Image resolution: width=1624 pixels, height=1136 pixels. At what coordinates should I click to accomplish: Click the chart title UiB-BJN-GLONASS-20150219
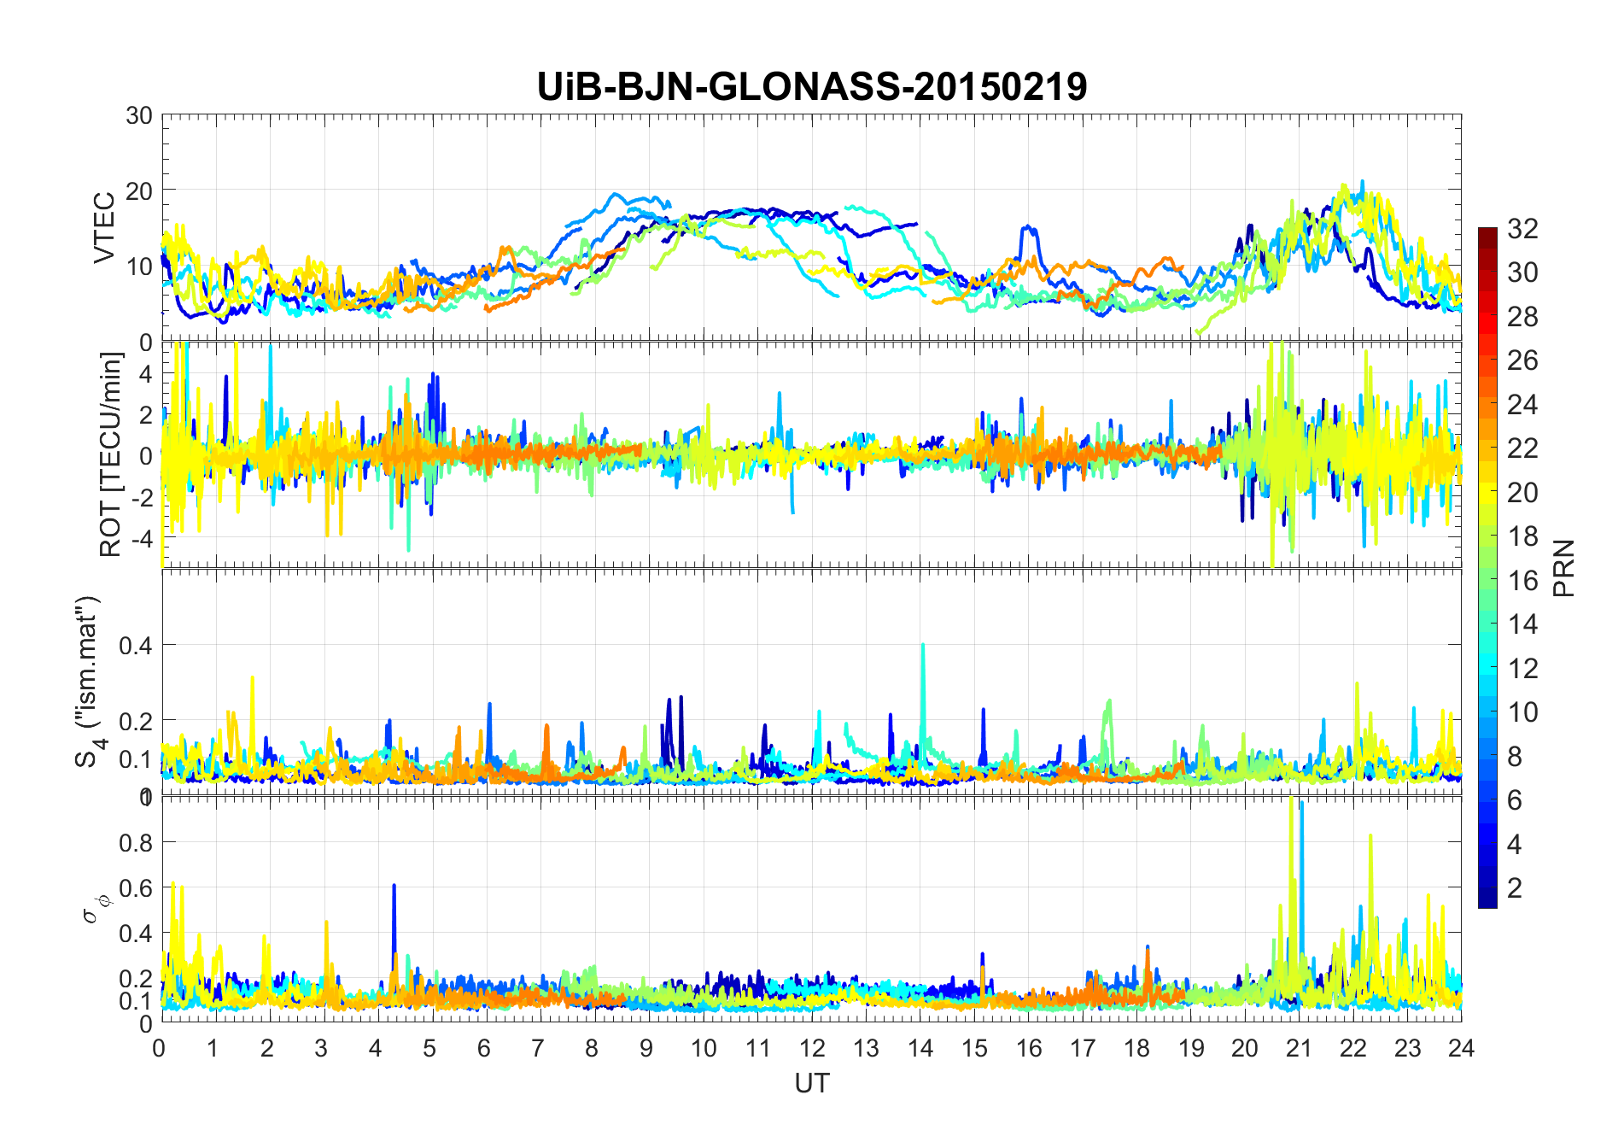(x=811, y=86)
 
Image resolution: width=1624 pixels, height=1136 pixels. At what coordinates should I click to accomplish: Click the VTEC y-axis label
(x=104, y=228)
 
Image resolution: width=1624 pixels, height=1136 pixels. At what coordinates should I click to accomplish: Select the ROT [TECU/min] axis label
(x=111, y=454)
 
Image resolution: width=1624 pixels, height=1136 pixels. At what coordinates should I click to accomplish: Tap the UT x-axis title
(x=811, y=1083)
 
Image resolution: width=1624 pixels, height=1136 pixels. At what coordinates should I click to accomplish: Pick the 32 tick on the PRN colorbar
(x=1522, y=228)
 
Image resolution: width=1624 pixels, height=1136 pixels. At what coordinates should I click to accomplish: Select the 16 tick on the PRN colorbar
(x=1522, y=581)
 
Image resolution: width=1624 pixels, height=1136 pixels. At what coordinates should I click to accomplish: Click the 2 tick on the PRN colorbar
(x=1515, y=888)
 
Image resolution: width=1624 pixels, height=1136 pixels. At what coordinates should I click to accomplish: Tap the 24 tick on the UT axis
(x=1461, y=1048)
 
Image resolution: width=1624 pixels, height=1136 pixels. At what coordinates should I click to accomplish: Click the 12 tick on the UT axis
(x=811, y=1048)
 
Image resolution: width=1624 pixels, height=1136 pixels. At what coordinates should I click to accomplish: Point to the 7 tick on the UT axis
(x=538, y=1048)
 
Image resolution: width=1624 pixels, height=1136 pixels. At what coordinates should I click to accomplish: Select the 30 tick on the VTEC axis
(x=139, y=115)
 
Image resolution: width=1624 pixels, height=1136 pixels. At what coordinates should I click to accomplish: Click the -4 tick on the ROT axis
(x=139, y=539)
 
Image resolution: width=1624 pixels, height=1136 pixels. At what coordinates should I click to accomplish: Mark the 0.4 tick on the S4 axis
(x=135, y=645)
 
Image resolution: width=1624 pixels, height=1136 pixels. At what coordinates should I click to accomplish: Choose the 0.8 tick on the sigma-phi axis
(x=135, y=842)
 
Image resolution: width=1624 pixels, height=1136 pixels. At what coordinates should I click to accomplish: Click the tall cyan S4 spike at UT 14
(x=922, y=647)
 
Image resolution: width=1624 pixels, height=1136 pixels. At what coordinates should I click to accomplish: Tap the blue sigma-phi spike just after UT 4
(x=394, y=887)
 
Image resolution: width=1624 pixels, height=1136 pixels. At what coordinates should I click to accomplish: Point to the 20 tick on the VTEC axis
(x=139, y=191)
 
